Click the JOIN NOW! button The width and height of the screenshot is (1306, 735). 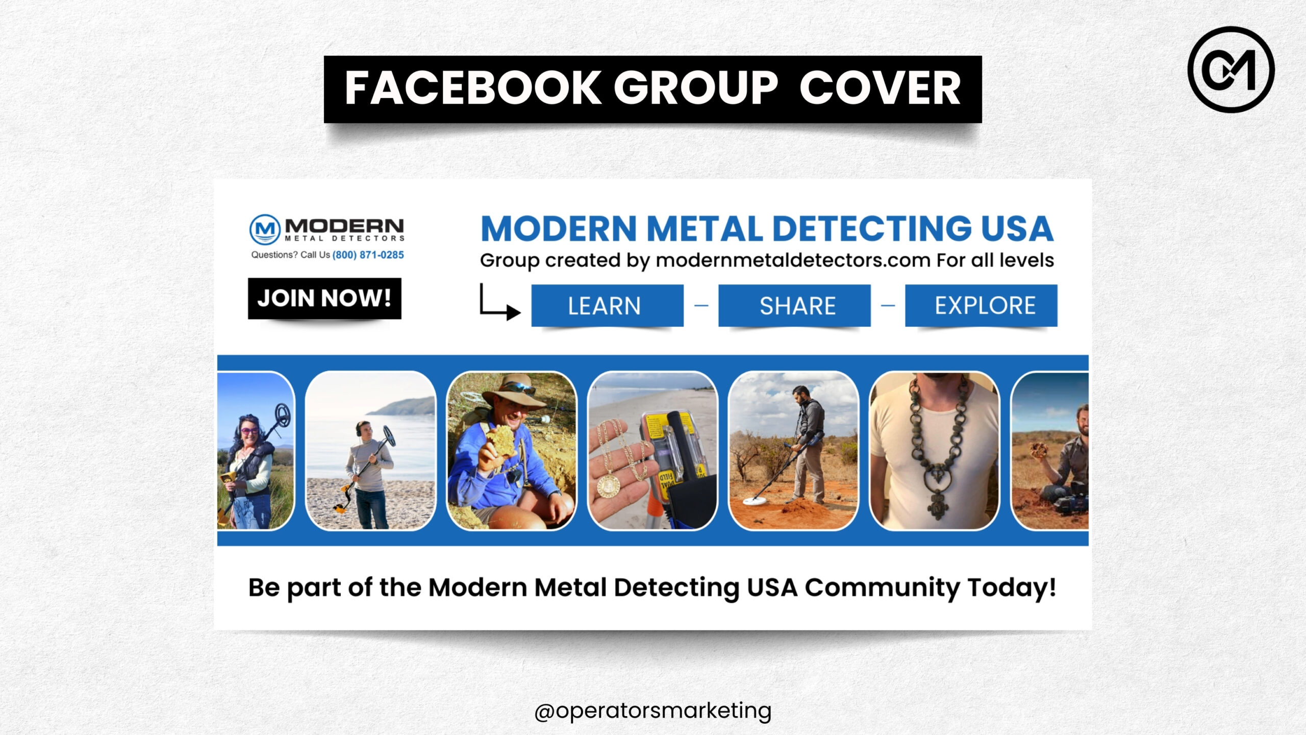pos(324,299)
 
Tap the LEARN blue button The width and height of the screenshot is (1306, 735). pos(607,306)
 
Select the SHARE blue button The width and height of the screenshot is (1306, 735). pos(794,306)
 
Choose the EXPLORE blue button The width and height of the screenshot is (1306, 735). pos(981,306)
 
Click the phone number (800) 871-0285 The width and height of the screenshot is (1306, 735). pos(368,255)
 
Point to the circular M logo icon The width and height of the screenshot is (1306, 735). pos(265,230)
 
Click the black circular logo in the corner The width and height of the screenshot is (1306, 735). pos(1231,69)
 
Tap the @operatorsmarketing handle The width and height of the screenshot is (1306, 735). pos(652,711)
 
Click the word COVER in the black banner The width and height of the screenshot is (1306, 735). pos(880,88)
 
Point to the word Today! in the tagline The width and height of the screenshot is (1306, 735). pos(1012,587)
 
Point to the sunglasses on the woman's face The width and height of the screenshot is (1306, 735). pos(249,431)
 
